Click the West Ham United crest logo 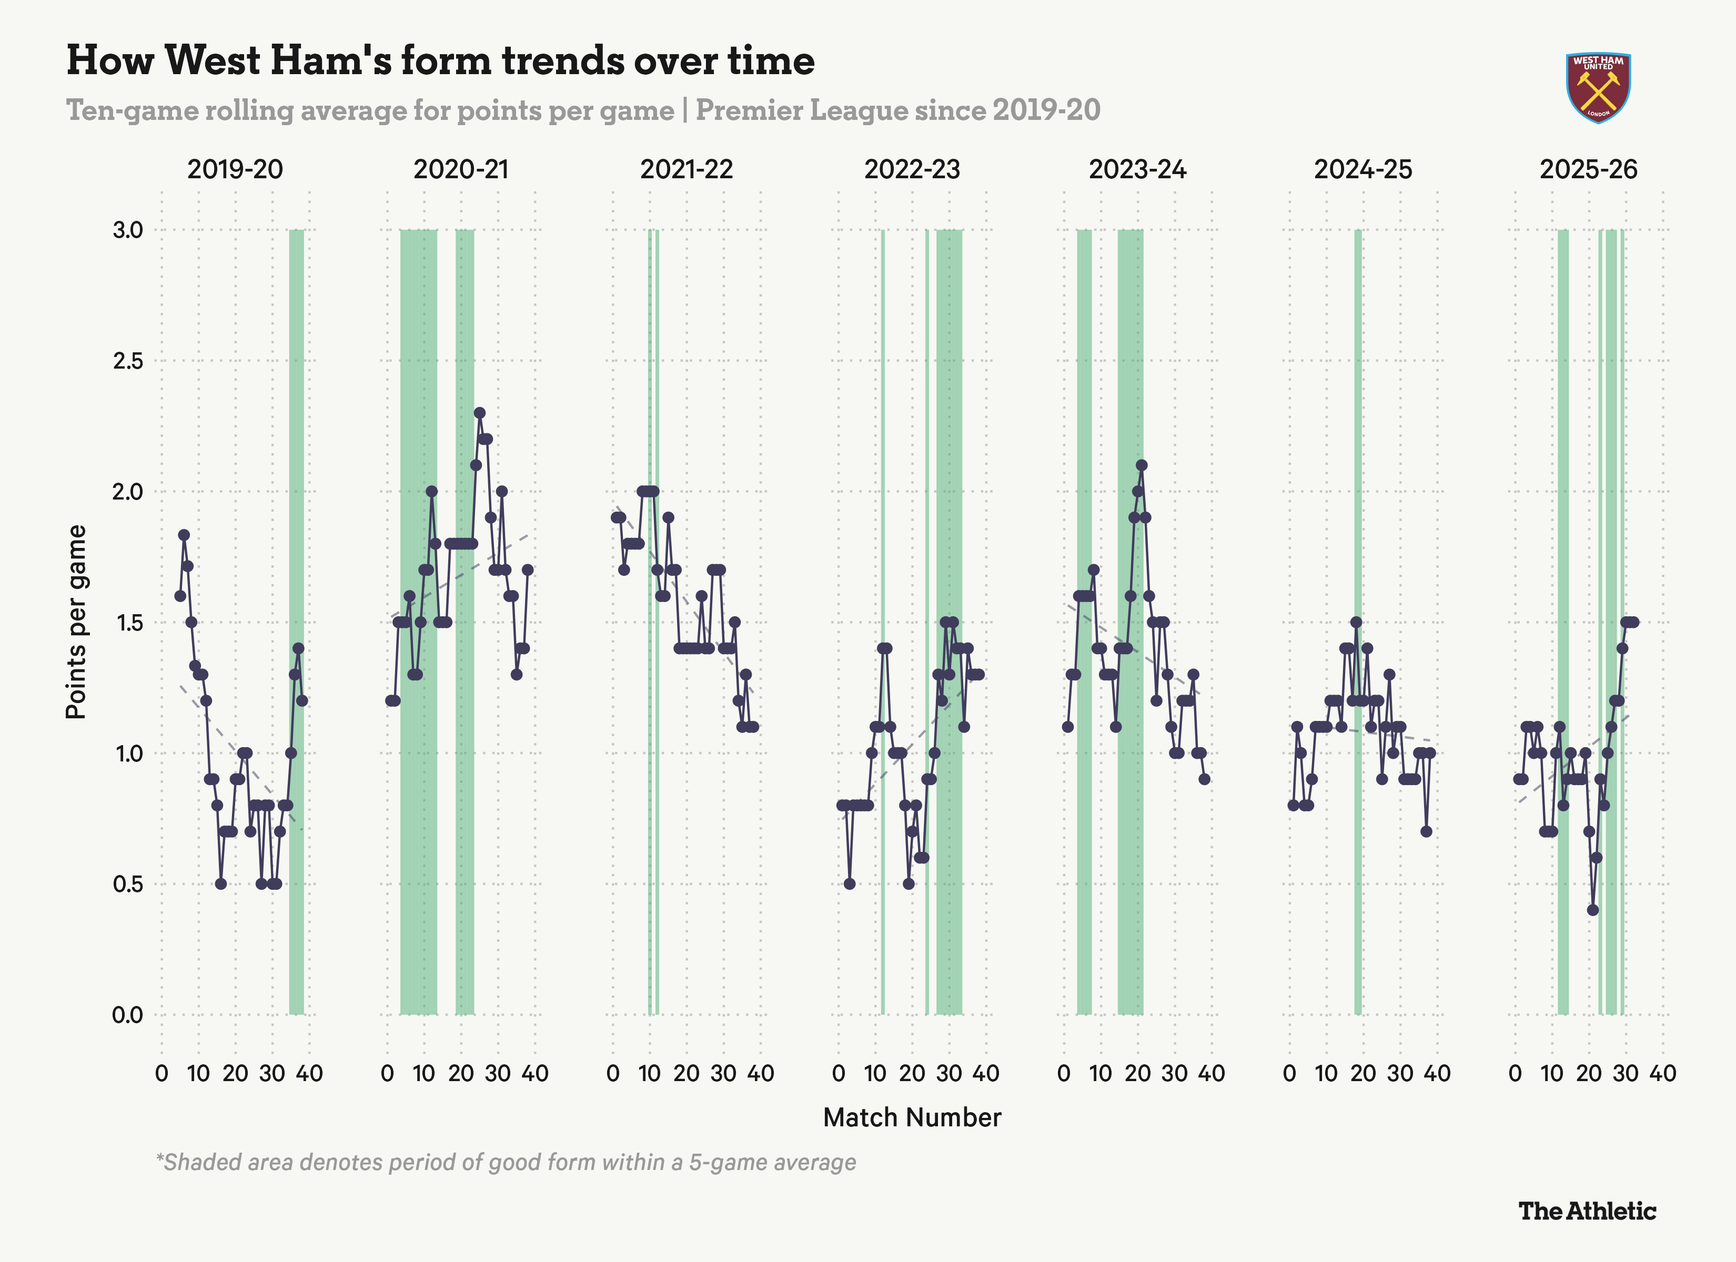[x=1598, y=87]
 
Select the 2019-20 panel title [x=235, y=169]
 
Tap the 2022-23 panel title [x=912, y=169]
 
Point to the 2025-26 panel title [x=1588, y=169]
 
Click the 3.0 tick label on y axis [x=128, y=230]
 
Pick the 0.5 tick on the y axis [x=128, y=884]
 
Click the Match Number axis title [x=912, y=1117]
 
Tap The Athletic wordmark [x=1587, y=1210]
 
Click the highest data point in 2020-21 [x=480, y=412]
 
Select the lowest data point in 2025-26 [x=1593, y=910]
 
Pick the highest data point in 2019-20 [x=184, y=535]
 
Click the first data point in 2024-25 [x=1293, y=805]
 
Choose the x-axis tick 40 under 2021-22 [x=760, y=1073]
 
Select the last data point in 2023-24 [x=1205, y=779]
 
